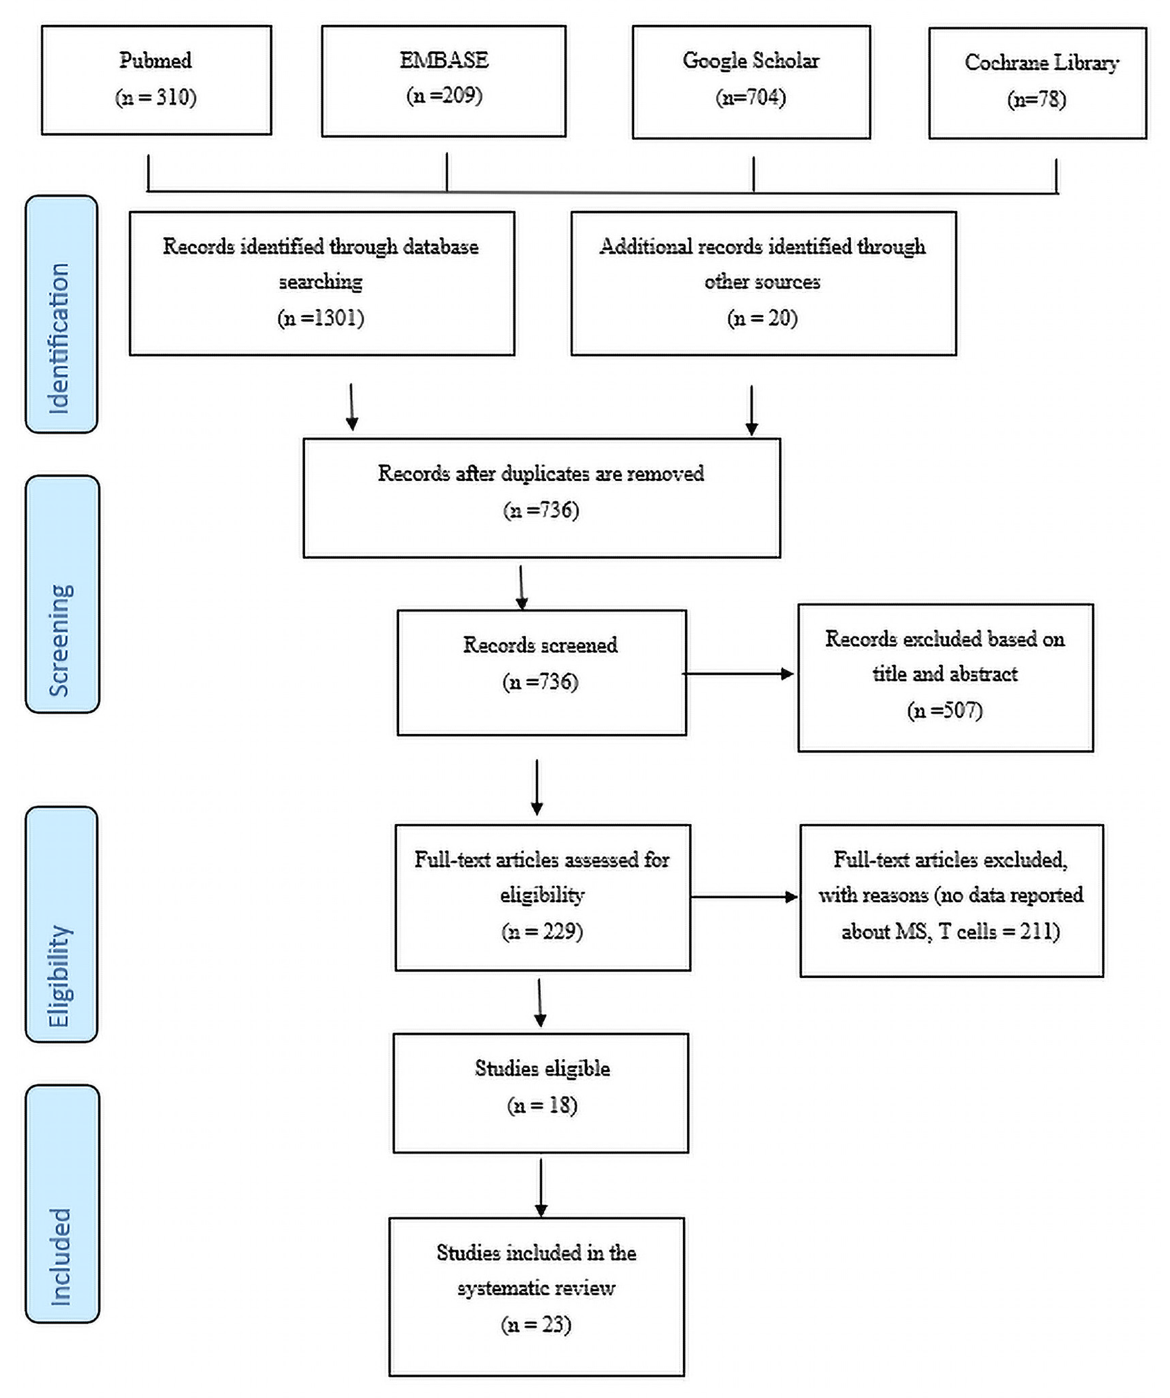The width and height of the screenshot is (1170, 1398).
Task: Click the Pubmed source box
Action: click(156, 80)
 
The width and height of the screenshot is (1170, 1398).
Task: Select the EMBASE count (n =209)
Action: click(444, 96)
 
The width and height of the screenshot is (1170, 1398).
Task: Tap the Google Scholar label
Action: click(751, 61)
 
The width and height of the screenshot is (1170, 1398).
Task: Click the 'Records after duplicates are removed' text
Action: click(540, 473)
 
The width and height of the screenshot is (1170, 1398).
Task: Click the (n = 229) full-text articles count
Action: click(542, 931)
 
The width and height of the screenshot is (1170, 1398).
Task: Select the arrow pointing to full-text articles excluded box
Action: click(744, 897)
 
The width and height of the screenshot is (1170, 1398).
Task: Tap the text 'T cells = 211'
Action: click(998, 931)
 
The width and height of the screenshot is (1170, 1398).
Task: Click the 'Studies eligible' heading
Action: click(542, 1068)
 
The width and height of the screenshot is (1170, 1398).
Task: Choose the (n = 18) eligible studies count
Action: click(542, 1105)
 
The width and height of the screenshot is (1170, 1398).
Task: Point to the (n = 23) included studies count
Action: click(536, 1324)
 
